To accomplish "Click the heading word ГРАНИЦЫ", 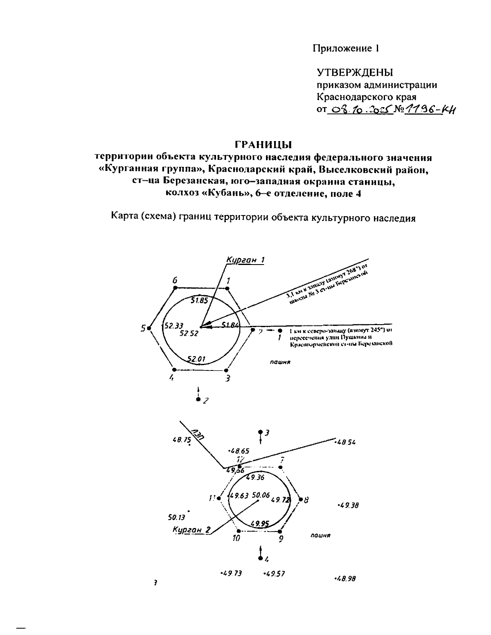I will pos(263,145).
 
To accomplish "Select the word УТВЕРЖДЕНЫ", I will pos(355,73).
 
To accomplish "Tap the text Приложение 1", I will pos(346,48).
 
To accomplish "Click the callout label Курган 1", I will pos(245,260).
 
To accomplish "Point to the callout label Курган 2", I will pos(191,530).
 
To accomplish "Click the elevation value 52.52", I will pos(189,333).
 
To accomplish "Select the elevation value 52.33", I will pos(173,326).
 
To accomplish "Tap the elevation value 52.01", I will pos(197,359).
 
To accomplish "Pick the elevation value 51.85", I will pos(200,301).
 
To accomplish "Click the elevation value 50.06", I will pos(261,495).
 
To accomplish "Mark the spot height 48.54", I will pos(345,442).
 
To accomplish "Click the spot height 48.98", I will pos(345,579).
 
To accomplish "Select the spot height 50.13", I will pos(177,517).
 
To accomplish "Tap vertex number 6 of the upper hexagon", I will pos(175,280).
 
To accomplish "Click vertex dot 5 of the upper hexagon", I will pos(150,328).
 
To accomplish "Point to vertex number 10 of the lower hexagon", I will pos(236,539).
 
